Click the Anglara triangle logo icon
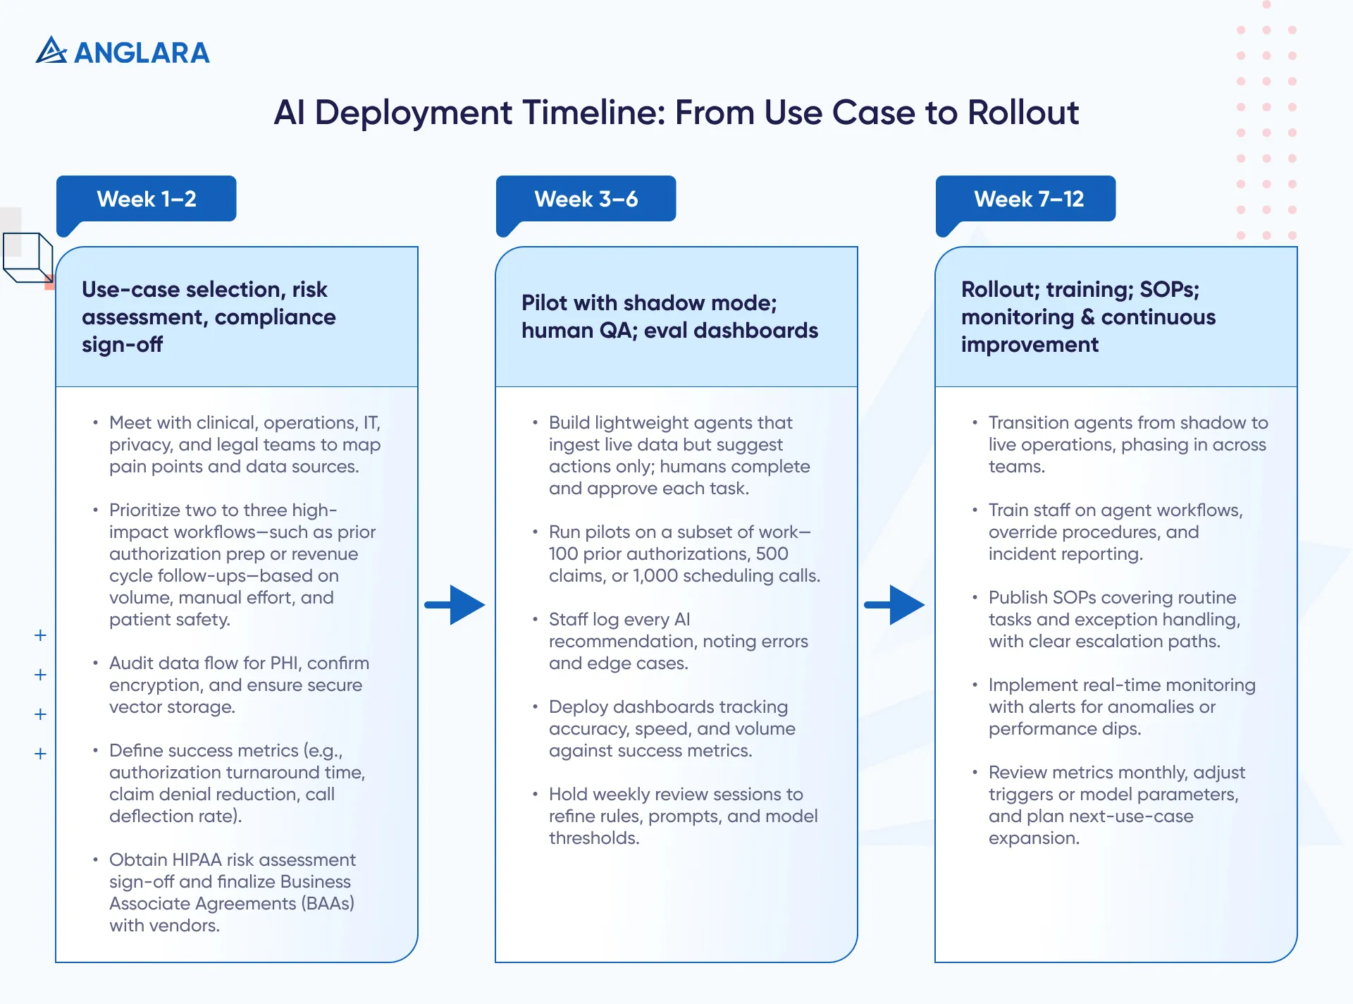point(51,51)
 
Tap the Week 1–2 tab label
point(147,200)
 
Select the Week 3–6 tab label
point(586,200)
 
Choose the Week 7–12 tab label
point(1028,200)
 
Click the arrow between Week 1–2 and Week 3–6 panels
point(455,604)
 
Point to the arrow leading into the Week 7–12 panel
point(895,604)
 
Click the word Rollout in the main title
point(1023,113)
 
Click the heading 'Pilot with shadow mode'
point(649,303)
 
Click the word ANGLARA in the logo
point(142,53)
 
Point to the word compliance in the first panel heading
point(275,317)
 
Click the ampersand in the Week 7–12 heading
point(1087,317)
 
